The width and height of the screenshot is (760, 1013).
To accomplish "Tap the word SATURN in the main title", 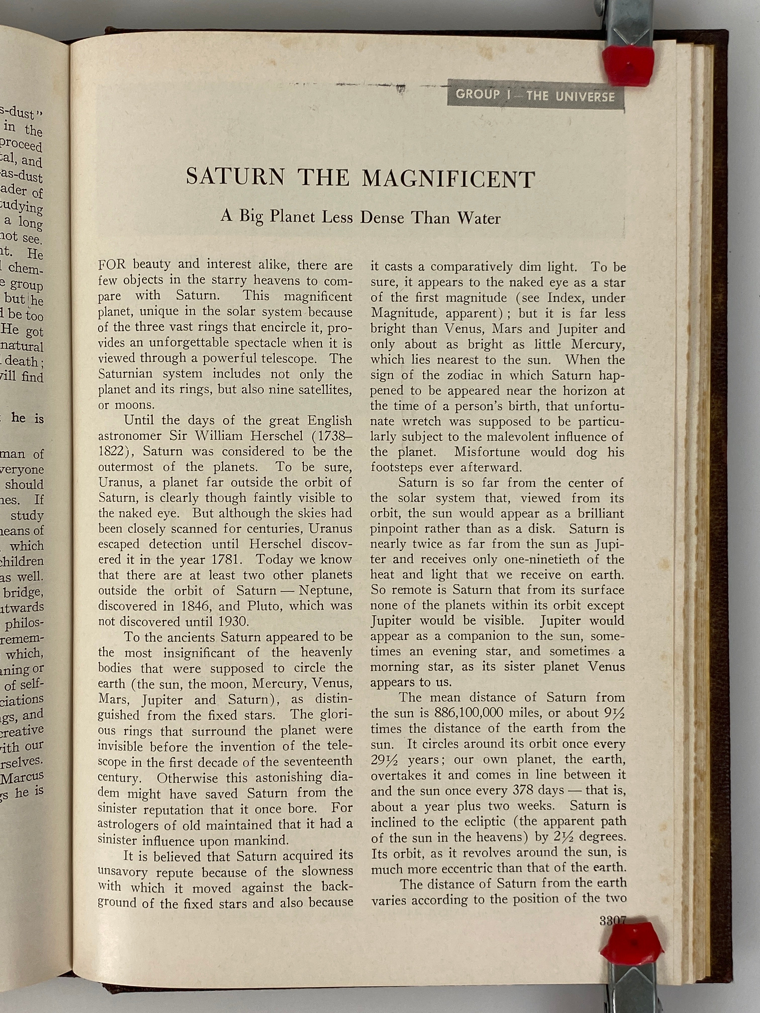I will tap(235, 177).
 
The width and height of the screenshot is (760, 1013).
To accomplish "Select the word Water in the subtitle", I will tap(479, 218).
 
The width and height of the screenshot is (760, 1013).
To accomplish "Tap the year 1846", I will tap(191, 606).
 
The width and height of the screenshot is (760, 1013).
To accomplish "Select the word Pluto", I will tap(264, 606).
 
